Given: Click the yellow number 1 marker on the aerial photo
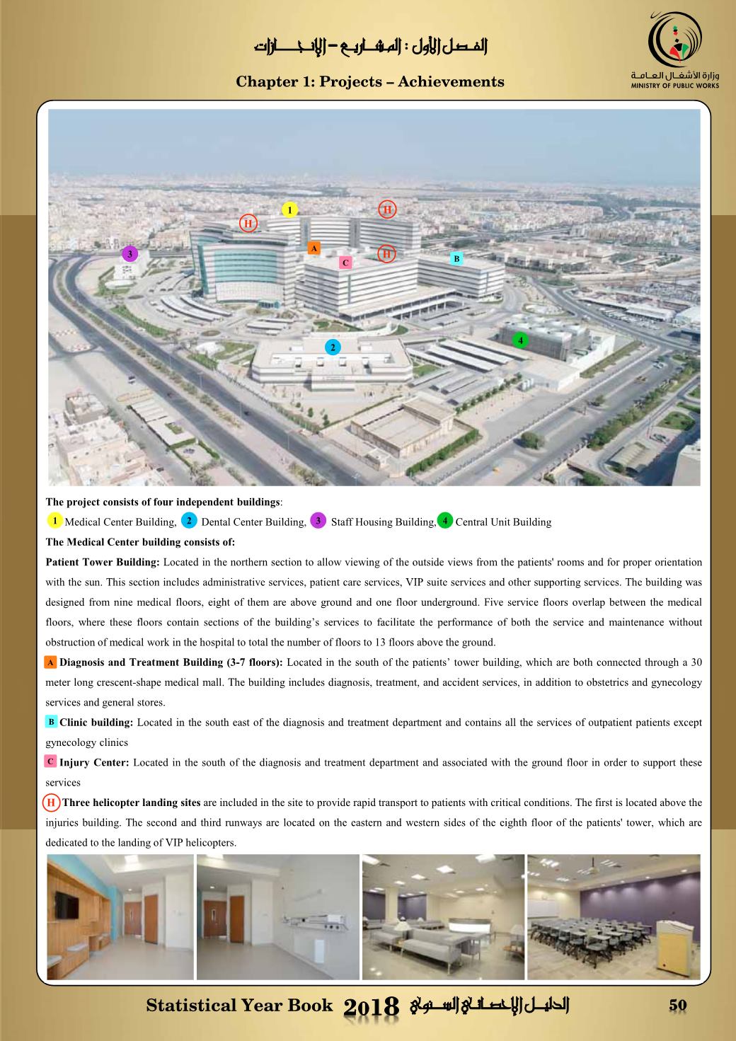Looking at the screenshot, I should coord(289,209).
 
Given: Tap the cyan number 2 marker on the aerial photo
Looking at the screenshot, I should coord(332,347).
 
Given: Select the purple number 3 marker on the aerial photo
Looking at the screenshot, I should coord(129,253).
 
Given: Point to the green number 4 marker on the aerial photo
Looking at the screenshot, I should coord(521,340).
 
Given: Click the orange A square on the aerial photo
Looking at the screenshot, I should coord(314,248).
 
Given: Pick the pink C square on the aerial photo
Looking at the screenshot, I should coord(345,263).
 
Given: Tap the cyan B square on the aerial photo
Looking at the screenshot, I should coord(456,259).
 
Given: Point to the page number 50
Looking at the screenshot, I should coord(677,1006).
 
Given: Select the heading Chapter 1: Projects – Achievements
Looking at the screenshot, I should coord(370,82).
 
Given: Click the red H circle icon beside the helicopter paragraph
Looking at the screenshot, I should coord(52,803).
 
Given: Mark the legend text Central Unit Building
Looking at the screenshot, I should coord(503,522).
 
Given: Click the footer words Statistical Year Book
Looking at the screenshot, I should coord(239,1006).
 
